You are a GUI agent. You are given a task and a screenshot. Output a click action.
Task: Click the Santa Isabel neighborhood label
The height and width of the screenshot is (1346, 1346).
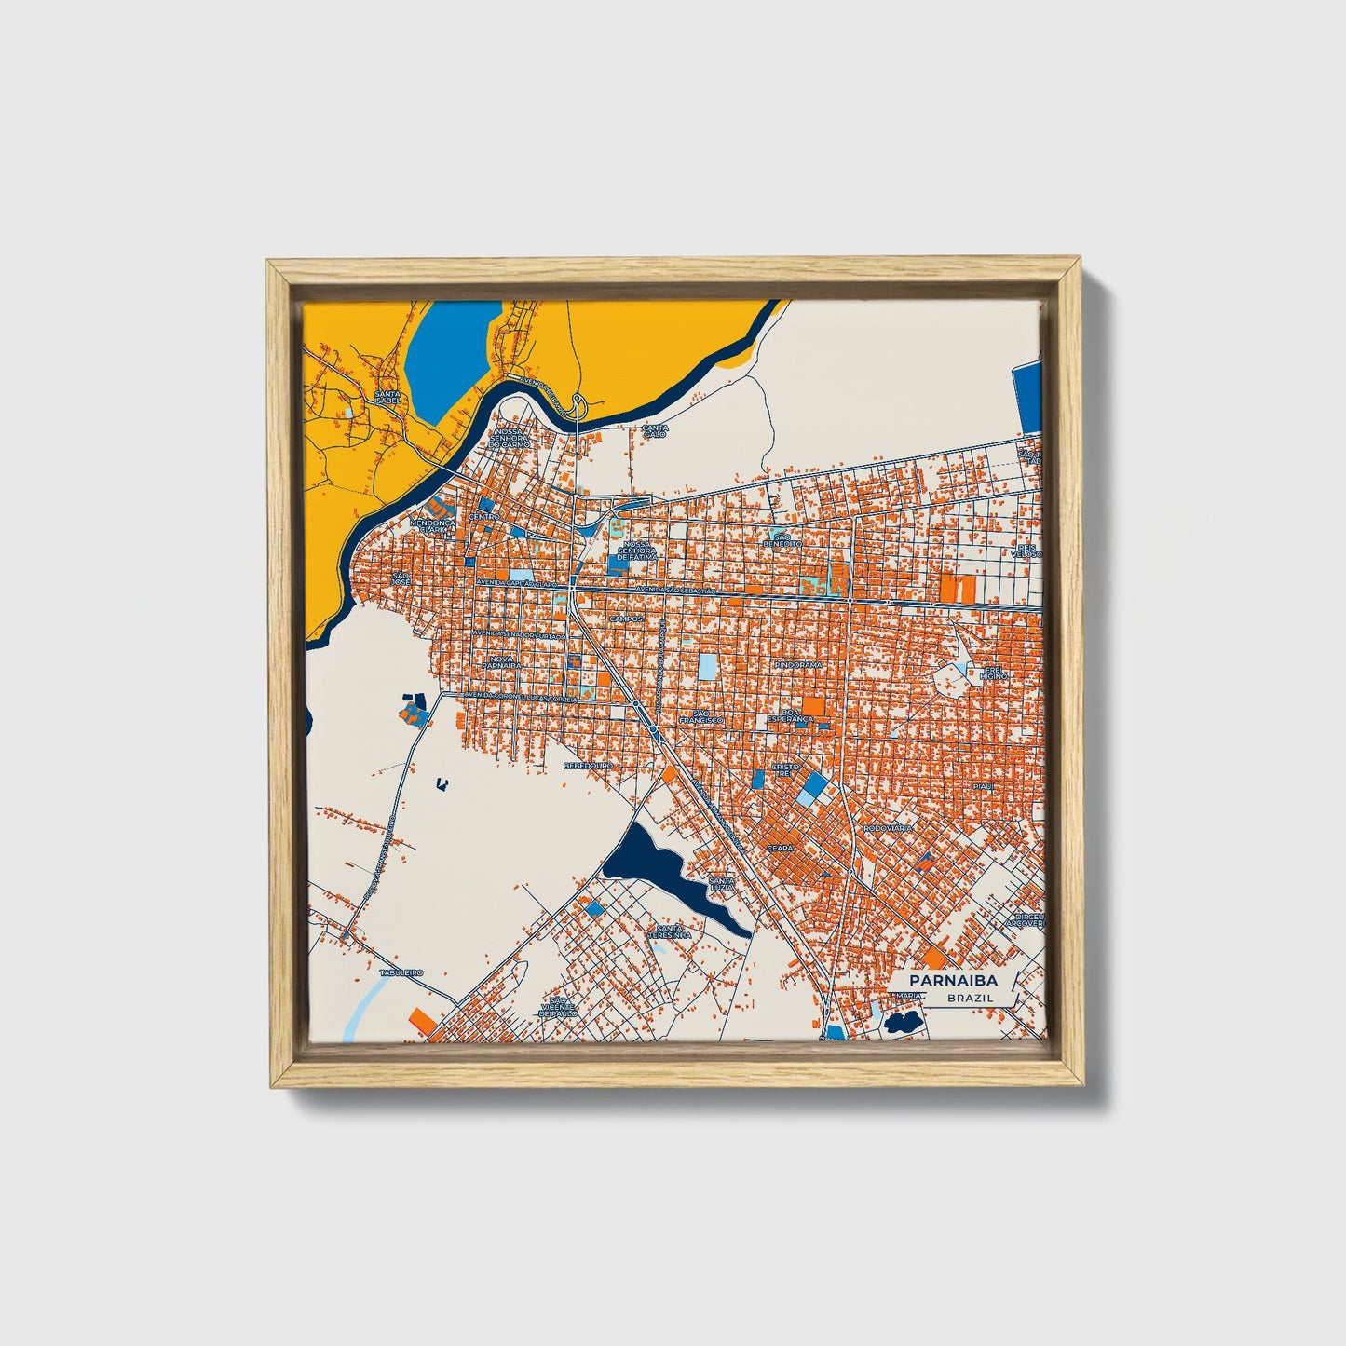(x=387, y=397)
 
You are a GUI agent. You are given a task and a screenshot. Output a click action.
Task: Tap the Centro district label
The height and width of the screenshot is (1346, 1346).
(x=484, y=516)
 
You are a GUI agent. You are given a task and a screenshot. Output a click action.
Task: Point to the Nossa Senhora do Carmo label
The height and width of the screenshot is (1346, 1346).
(x=511, y=438)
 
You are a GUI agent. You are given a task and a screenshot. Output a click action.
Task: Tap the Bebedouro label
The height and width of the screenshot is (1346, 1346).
(x=588, y=765)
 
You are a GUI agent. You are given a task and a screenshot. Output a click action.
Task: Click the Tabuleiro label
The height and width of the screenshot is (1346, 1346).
(x=401, y=972)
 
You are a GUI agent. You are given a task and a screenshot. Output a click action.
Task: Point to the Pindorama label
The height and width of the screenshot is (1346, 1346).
(x=798, y=665)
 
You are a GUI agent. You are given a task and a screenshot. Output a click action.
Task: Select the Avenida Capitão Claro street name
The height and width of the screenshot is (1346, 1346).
(x=518, y=582)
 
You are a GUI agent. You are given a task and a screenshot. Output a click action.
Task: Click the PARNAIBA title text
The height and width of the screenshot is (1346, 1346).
(x=953, y=980)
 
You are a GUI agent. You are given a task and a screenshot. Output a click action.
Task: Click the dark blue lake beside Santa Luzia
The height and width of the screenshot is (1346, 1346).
(x=652, y=862)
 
